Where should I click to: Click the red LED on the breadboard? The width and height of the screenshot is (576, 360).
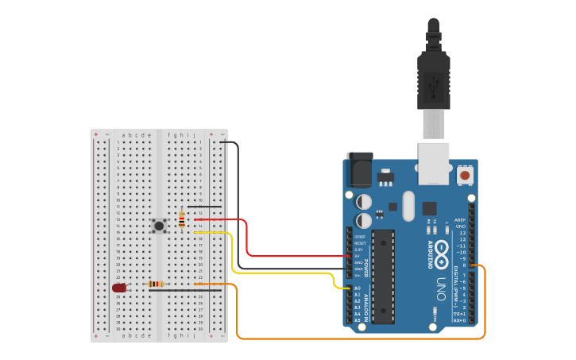(x=119, y=288)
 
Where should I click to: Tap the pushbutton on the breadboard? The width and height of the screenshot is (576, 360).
(x=159, y=226)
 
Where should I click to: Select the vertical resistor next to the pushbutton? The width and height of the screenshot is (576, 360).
(x=182, y=219)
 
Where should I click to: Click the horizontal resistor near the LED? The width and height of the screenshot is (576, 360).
(x=157, y=284)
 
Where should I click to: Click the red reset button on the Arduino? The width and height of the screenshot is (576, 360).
(x=465, y=173)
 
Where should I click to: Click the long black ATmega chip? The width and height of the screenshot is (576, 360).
(x=383, y=277)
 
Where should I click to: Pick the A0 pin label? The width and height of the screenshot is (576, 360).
(x=358, y=288)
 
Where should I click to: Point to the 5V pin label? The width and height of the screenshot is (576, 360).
(x=358, y=256)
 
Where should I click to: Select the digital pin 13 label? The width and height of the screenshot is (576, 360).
(x=462, y=233)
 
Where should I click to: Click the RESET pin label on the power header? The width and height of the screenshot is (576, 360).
(x=360, y=243)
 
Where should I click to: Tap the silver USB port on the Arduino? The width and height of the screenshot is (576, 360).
(x=434, y=162)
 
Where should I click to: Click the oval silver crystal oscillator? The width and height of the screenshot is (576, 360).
(x=408, y=206)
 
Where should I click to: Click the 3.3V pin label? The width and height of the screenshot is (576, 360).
(x=359, y=250)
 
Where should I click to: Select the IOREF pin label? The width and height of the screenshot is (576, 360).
(x=360, y=237)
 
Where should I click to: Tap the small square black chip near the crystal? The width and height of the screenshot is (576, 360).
(x=429, y=208)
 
